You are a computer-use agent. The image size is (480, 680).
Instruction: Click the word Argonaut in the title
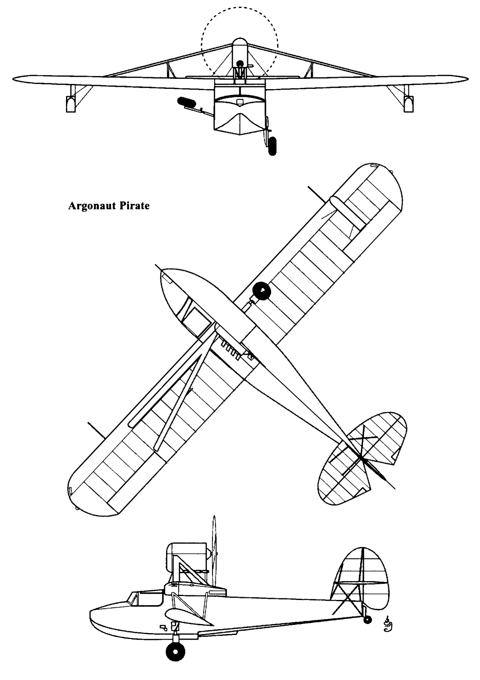[92, 206]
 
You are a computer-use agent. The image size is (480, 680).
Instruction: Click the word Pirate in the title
[134, 206]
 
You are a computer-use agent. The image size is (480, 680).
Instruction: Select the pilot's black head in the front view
[240, 64]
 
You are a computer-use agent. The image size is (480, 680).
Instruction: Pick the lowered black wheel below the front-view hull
[273, 146]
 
